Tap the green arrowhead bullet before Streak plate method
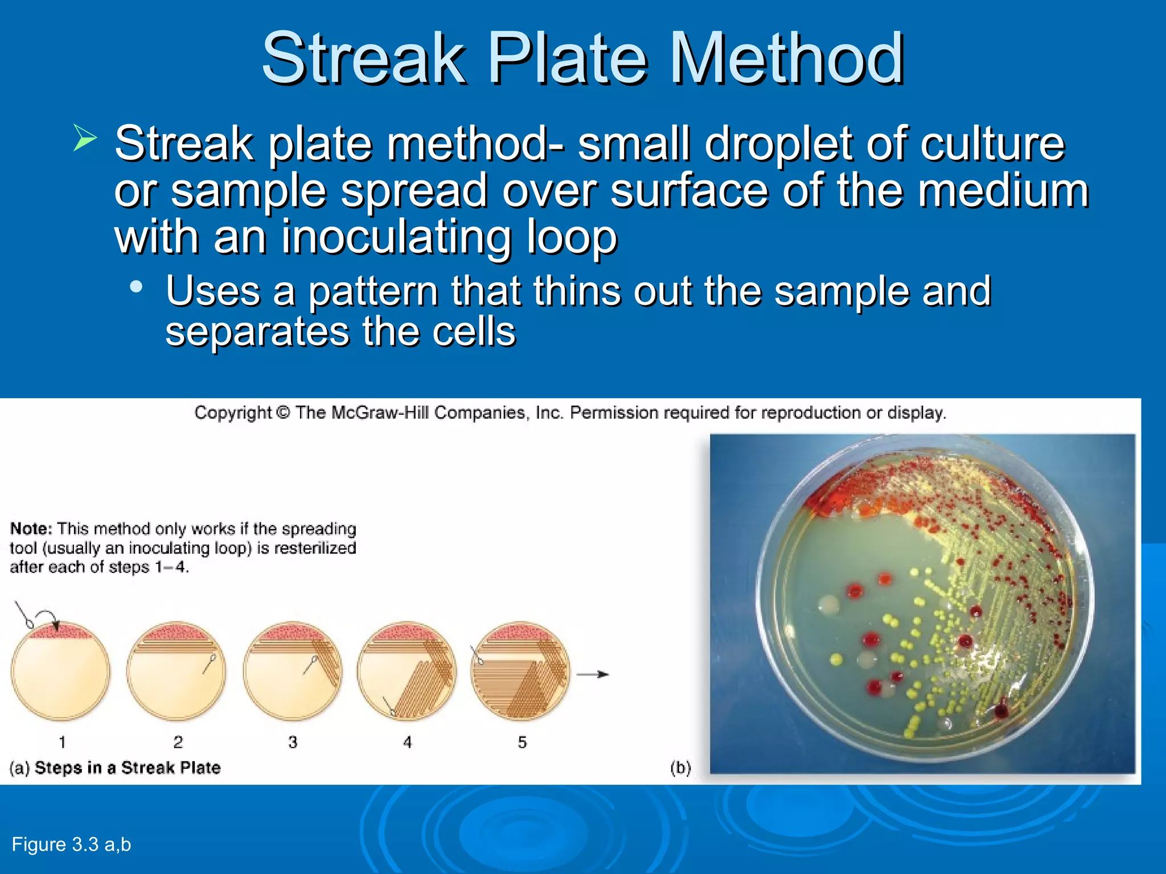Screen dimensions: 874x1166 click(85, 138)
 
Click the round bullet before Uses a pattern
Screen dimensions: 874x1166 click(136, 287)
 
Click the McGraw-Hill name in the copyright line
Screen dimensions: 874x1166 click(380, 413)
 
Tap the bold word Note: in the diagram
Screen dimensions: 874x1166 click(31, 529)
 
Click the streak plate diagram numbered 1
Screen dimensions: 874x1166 click(60, 671)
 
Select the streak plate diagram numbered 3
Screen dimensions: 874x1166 click(292, 671)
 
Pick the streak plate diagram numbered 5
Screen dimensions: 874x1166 click(520, 671)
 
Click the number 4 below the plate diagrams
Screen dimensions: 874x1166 click(407, 742)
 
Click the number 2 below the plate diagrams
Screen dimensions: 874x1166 click(178, 742)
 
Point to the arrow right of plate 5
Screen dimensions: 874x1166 click(593, 675)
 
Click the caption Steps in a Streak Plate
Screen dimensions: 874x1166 click(128, 768)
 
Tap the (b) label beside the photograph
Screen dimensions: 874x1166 click(680, 768)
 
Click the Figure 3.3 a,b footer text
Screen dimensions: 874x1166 click(71, 844)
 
